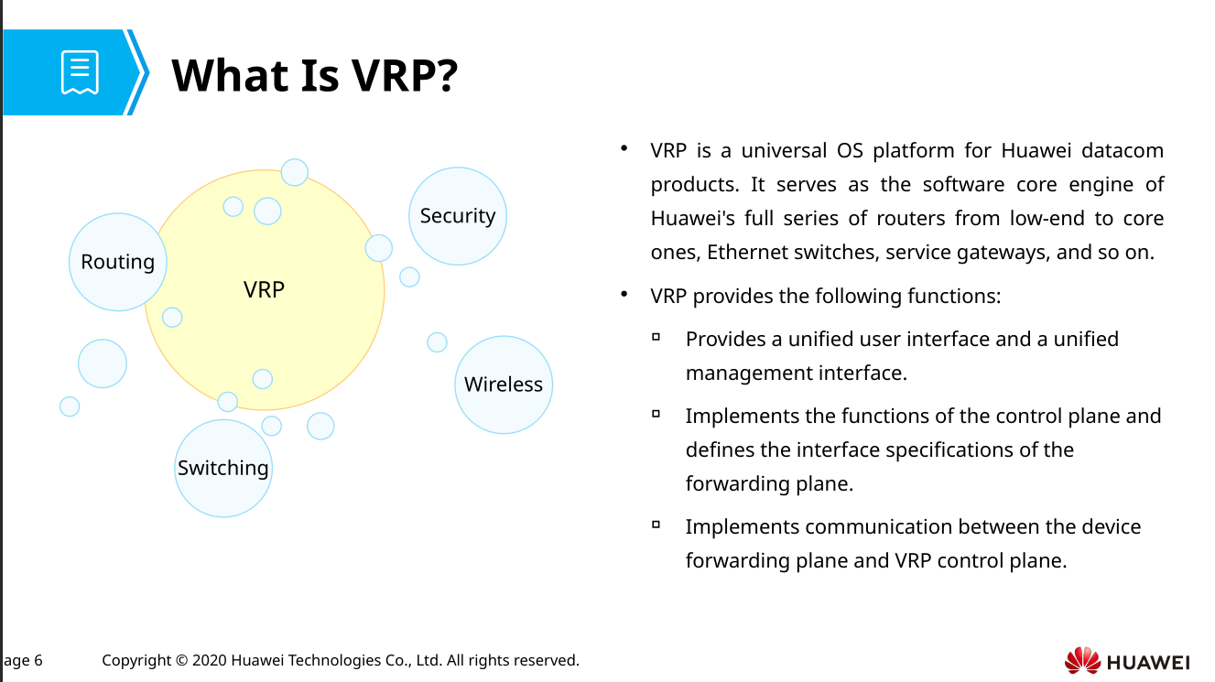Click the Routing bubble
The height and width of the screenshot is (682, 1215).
pos(117,262)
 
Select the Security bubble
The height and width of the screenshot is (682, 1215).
pos(457,216)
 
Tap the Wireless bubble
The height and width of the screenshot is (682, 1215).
pos(503,384)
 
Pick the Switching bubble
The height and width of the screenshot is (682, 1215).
pos(222,468)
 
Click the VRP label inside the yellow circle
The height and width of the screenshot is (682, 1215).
pos(264,289)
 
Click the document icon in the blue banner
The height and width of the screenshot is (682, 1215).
pos(80,72)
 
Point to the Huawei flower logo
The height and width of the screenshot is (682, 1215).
pos(1082,660)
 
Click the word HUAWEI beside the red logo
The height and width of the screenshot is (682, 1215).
pos(1148,662)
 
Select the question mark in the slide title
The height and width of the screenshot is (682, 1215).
pos(447,75)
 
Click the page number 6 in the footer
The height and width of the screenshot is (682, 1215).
pos(38,660)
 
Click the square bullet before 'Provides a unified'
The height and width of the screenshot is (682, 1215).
pos(656,337)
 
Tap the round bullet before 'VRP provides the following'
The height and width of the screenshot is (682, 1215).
pos(624,294)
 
